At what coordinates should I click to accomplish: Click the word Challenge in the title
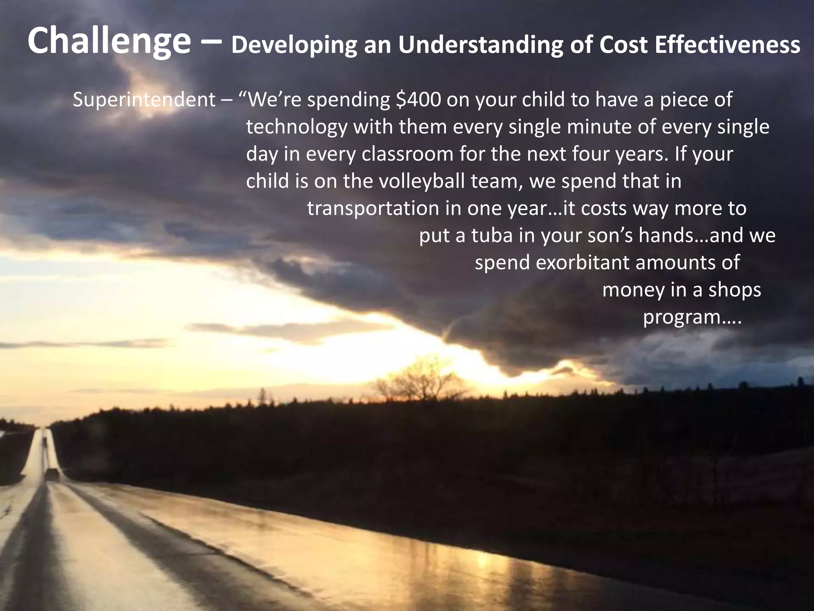coord(109,41)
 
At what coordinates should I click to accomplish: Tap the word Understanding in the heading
coord(481,45)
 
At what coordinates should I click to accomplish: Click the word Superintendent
coord(144,99)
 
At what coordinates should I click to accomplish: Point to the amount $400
coord(419,99)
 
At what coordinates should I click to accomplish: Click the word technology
coord(297,127)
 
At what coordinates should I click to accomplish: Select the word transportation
coord(373,208)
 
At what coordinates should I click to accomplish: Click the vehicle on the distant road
coord(51,473)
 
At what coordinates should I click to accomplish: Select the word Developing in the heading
coord(294,45)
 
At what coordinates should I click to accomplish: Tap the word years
coord(642,154)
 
